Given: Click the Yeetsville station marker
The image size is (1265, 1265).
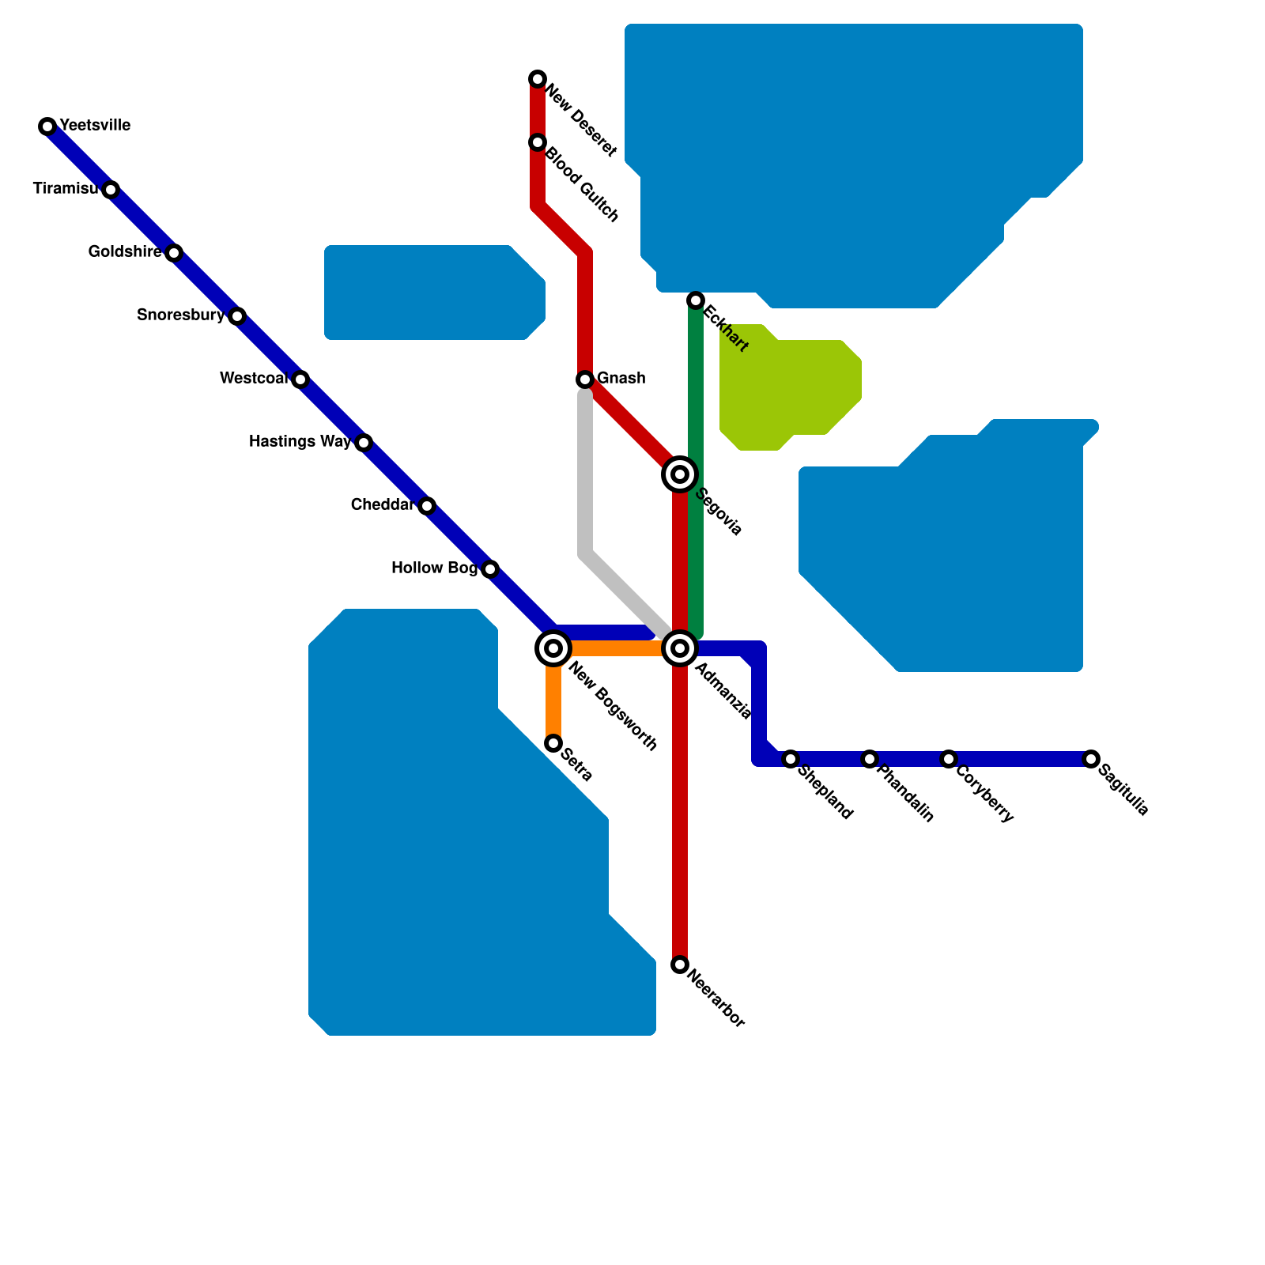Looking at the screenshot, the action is (47, 126).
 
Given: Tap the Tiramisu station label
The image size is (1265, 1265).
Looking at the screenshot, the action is (66, 189).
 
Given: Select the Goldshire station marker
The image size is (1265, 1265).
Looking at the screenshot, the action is (174, 253).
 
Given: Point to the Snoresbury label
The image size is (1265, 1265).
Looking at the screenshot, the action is (180, 315).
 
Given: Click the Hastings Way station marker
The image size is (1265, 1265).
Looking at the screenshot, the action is (364, 443).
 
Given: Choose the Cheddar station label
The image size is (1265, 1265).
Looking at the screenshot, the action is (382, 505).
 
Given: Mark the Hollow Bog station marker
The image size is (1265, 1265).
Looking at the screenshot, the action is (490, 569).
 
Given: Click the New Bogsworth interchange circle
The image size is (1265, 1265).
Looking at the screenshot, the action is (553, 648).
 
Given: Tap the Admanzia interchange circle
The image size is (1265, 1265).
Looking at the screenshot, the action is (680, 648).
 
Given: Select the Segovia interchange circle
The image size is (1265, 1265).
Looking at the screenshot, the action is (680, 474).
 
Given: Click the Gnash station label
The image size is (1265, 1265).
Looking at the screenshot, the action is (621, 379).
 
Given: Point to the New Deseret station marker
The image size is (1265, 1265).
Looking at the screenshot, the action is (538, 79).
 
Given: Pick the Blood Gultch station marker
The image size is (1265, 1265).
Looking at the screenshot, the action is (538, 142).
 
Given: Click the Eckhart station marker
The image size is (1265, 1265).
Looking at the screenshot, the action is (696, 300).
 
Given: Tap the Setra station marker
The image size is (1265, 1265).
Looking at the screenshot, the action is (553, 743).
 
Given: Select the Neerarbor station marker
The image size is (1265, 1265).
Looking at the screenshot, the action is (680, 965).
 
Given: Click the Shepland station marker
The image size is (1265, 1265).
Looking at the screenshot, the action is (791, 759).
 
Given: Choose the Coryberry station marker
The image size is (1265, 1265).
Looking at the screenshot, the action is (949, 759).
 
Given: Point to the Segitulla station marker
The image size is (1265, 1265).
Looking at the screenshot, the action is (1091, 759).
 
